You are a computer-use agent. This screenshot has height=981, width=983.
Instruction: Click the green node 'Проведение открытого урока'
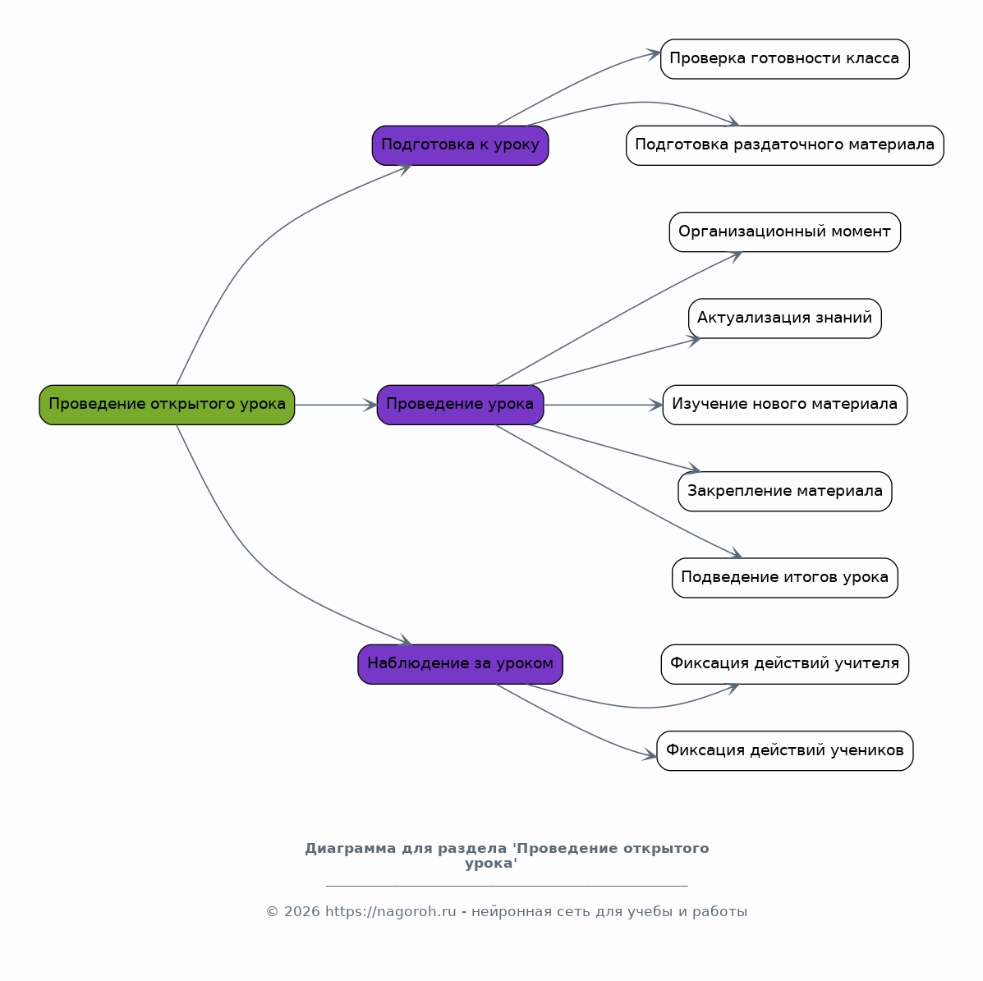pyautogui.click(x=167, y=405)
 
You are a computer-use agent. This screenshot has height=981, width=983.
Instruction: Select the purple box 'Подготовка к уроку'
pyautogui.click(x=460, y=145)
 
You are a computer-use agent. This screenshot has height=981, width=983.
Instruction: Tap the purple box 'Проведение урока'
pyautogui.click(x=460, y=405)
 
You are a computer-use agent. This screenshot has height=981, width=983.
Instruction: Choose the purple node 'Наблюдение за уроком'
pyautogui.click(x=460, y=664)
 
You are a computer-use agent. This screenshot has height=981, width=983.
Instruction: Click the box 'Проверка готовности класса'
pyautogui.click(x=785, y=59)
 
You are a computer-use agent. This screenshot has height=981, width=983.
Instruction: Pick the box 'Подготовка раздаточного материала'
pyautogui.click(x=785, y=145)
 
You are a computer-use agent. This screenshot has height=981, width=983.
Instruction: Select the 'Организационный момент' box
pyautogui.click(x=785, y=232)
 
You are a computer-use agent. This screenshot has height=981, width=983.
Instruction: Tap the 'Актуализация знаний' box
pyautogui.click(x=785, y=319)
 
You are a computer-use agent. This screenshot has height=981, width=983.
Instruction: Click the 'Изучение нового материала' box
pyautogui.click(x=785, y=405)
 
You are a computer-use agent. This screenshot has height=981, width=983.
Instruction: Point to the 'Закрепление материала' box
pyautogui.click(x=785, y=492)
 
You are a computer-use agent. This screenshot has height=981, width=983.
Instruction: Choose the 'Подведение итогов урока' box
pyautogui.click(x=785, y=578)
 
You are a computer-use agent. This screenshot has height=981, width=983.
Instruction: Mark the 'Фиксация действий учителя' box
pyautogui.click(x=785, y=664)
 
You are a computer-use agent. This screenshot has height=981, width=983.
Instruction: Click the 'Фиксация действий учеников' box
pyautogui.click(x=785, y=751)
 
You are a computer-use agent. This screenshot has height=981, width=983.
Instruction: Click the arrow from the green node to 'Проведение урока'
pyautogui.click(x=336, y=405)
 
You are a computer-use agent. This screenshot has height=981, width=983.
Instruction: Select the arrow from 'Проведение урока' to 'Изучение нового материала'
pyautogui.click(x=603, y=405)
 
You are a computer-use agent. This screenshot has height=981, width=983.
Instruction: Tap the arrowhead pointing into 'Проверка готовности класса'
pyautogui.click(x=653, y=54)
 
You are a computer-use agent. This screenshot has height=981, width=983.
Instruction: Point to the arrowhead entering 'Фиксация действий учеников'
pyautogui.click(x=650, y=754)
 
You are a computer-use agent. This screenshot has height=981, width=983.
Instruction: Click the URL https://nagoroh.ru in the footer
pyautogui.click(x=390, y=911)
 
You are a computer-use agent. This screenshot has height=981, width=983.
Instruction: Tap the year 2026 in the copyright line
pyautogui.click(x=301, y=911)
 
